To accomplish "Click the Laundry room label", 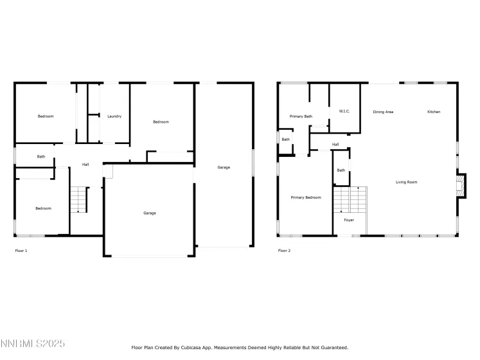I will click(114, 116).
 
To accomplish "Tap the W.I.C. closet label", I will click(344, 112).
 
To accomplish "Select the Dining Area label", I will click(383, 112).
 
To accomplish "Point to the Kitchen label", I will click(434, 112).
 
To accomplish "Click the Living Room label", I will click(406, 182).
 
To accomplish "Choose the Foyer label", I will click(348, 220).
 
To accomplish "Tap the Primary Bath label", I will click(301, 116).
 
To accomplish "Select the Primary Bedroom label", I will click(305, 197).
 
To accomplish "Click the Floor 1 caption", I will click(21, 250).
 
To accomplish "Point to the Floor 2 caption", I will click(284, 250).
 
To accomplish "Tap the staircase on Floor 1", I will click(78, 199).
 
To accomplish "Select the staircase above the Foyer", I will click(349, 199).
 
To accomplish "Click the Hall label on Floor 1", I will click(85, 165).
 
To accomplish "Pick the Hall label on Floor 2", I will click(335, 145).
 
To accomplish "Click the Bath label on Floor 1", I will click(41, 156).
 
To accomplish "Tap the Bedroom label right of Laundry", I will click(161, 122).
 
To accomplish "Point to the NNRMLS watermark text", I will click(33, 345).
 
